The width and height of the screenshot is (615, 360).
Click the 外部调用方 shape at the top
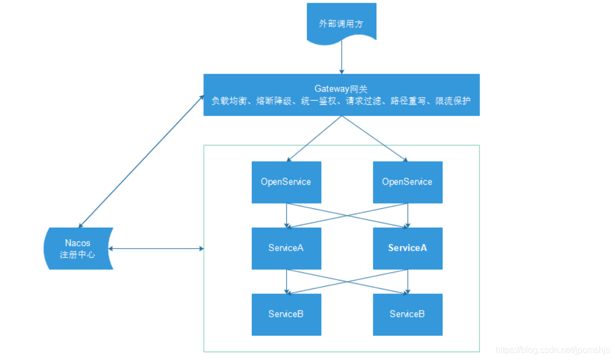[342, 23]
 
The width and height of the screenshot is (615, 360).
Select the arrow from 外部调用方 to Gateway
[342, 57]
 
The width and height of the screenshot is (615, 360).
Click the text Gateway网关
[341, 89]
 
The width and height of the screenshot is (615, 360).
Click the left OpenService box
[286, 182]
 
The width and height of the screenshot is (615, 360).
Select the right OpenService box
[407, 182]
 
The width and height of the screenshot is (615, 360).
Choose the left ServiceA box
[286, 248]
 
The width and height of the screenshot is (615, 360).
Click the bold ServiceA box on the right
[407, 248]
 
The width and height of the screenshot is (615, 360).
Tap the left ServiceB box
[286, 314]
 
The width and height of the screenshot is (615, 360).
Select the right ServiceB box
[407, 314]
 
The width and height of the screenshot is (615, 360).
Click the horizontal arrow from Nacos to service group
[157, 249]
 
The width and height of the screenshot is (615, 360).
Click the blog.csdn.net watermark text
[553, 350]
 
